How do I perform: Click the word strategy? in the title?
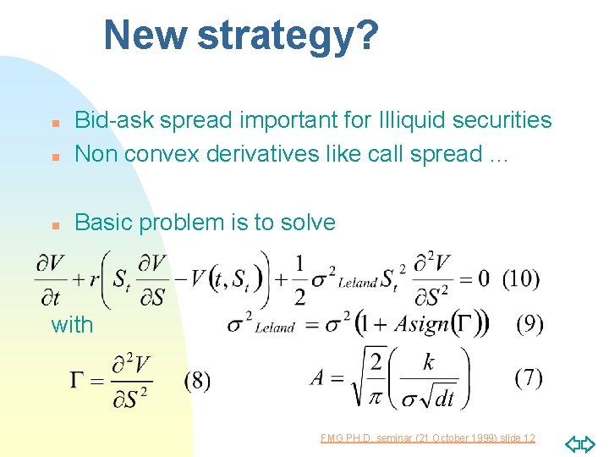tap(288, 36)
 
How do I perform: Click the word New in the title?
tap(145, 36)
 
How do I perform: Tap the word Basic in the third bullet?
tap(103, 223)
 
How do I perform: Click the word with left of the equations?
tap(72, 324)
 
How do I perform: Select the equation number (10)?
tap(521, 278)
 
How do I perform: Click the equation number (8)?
tap(197, 380)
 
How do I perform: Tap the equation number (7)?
tap(529, 377)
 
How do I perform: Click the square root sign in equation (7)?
tap(348, 377)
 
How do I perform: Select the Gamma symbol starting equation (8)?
tap(81, 380)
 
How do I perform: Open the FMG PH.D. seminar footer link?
tap(428, 438)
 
